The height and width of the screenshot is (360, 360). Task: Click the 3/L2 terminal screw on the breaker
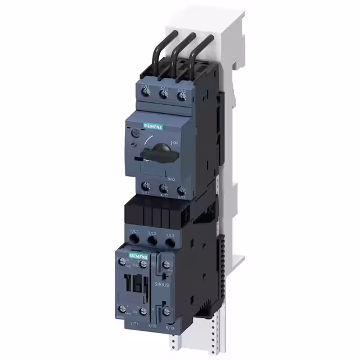point(165,95)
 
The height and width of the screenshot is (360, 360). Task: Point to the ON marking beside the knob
point(176,143)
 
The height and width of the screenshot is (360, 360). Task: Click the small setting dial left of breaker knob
point(134,136)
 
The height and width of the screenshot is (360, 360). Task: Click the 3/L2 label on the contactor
point(151,232)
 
